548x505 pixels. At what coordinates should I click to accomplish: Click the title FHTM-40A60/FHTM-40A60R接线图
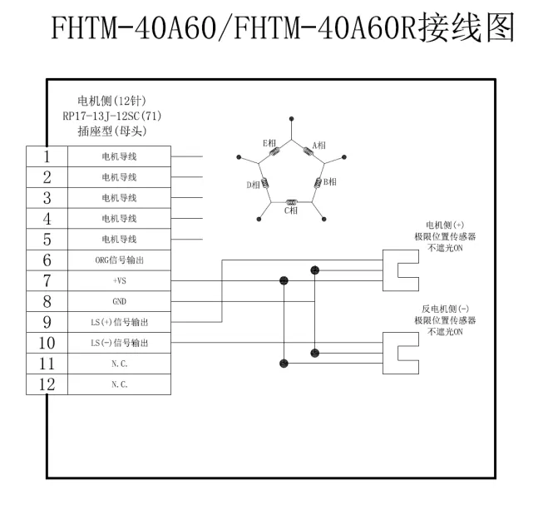tap(274, 31)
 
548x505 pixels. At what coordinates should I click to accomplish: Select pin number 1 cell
tap(47, 156)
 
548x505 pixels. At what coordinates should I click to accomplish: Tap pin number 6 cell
tap(47, 260)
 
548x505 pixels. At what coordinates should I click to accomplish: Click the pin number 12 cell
tap(47, 384)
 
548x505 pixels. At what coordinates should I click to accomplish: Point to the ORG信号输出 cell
tap(120, 260)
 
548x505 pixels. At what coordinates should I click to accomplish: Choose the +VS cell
tap(120, 280)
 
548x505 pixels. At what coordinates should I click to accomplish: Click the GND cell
tap(120, 301)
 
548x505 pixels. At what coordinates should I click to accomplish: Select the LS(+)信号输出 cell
tap(120, 322)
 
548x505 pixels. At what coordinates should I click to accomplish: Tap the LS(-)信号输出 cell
tap(120, 343)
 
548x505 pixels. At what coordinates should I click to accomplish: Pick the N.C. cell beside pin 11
tap(120, 364)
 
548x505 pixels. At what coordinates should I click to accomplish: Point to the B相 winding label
tap(329, 181)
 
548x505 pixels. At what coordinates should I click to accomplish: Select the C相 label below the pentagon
tap(291, 210)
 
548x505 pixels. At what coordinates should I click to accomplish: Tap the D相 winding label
tap(254, 185)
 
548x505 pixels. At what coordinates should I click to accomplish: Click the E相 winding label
tap(269, 143)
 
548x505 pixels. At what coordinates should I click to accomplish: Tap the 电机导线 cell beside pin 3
tap(120, 197)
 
